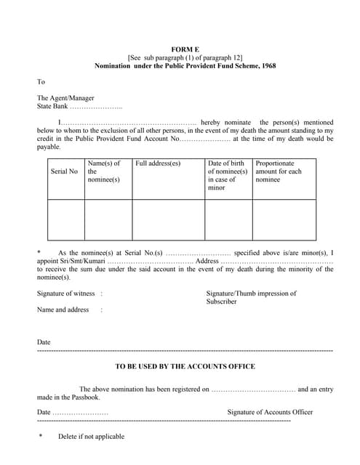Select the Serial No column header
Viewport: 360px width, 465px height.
click(64, 171)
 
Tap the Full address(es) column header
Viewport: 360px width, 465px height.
click(158, 163)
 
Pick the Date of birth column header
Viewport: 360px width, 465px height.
click(227, 175)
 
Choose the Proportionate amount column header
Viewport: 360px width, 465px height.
click(279, 171)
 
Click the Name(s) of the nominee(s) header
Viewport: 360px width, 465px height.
click(104, 171)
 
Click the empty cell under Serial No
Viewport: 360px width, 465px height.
click(65, 219)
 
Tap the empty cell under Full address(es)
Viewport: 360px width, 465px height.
click(168, 219)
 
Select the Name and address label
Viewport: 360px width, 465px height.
click(63, 310)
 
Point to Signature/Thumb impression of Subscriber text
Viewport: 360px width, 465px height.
click(251, 297)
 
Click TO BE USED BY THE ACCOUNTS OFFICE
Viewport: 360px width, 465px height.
click(185, 366)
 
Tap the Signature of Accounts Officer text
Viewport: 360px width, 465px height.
click(270, 412)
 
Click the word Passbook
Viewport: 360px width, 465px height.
click(84, 397)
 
